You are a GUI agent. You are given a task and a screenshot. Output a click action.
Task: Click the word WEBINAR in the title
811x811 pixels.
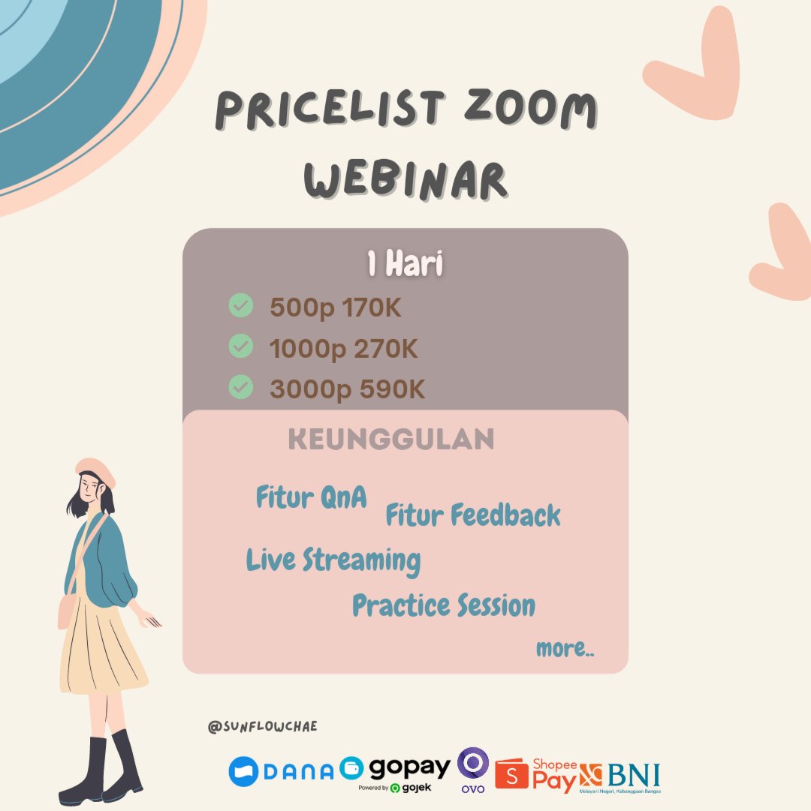tap(405, 178)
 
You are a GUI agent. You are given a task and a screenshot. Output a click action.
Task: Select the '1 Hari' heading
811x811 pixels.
tap(405, 265)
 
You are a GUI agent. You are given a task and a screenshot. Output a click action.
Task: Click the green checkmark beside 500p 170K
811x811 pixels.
tap(240, 306)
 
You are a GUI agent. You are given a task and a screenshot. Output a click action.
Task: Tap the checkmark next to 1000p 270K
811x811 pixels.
tap(240, 347)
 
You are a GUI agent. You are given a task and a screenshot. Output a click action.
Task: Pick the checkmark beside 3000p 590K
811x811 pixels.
tap(240, 387)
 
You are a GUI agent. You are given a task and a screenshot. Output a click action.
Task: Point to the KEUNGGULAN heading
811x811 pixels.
tap(391, 440)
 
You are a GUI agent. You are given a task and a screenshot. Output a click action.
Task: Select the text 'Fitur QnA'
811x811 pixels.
tap(312, 497)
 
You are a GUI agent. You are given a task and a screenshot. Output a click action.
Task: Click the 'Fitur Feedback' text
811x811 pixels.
tap(473, 515)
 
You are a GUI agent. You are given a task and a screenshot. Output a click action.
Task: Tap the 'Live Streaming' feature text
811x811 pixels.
tap(333, 560)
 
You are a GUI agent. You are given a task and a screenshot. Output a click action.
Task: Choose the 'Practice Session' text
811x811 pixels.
tap(444, 605)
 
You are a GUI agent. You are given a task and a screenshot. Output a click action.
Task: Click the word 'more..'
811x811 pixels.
tap(565, 649)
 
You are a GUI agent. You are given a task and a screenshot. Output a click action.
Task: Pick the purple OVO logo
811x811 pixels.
tap(473, 767)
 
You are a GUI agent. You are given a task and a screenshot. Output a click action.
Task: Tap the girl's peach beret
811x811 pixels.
tap(95, 471)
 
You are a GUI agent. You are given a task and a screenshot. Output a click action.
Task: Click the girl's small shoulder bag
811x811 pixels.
tap(66, 611)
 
